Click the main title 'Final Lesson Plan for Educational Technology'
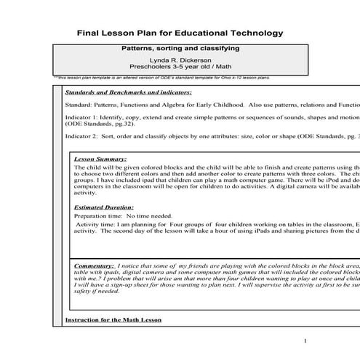180,33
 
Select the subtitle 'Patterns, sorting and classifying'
180,49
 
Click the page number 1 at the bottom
305,340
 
